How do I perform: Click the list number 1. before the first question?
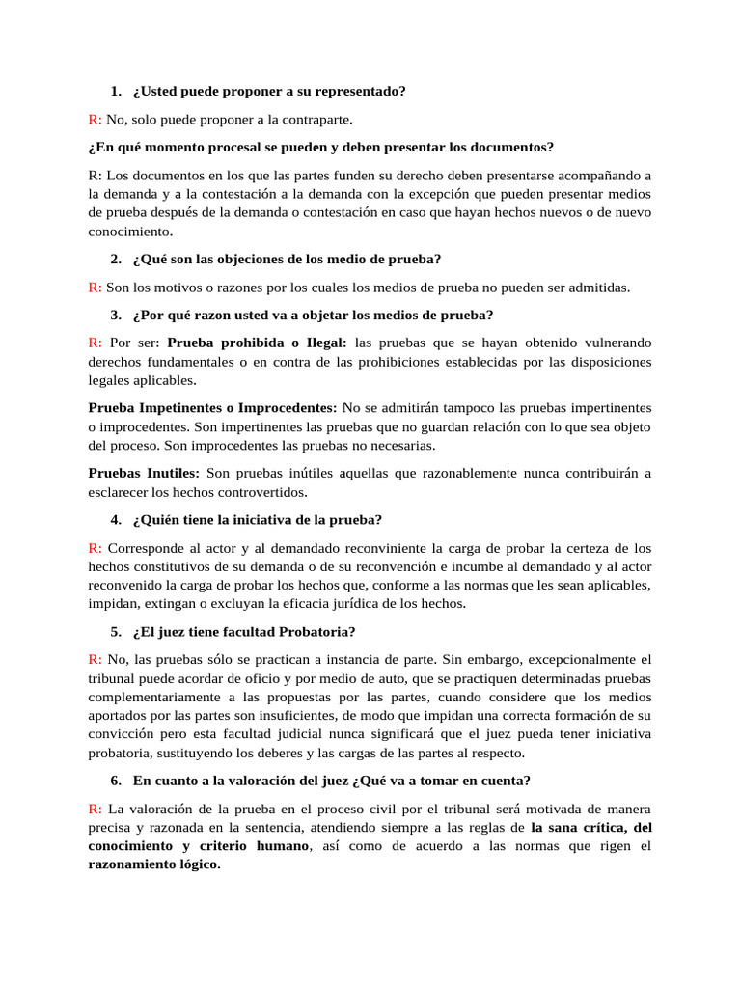coord(116,92)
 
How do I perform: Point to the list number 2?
coord(116,259)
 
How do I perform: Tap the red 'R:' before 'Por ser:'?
coord(96,343)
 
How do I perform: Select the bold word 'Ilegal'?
coord(327,343)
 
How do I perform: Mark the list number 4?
coord(116,520)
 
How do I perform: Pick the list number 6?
coord(116,781)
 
